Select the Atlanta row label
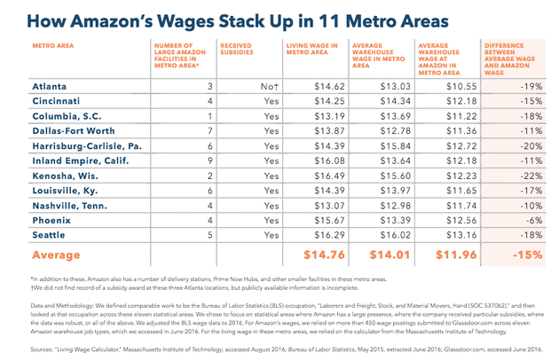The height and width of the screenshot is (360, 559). coord(52,87)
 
